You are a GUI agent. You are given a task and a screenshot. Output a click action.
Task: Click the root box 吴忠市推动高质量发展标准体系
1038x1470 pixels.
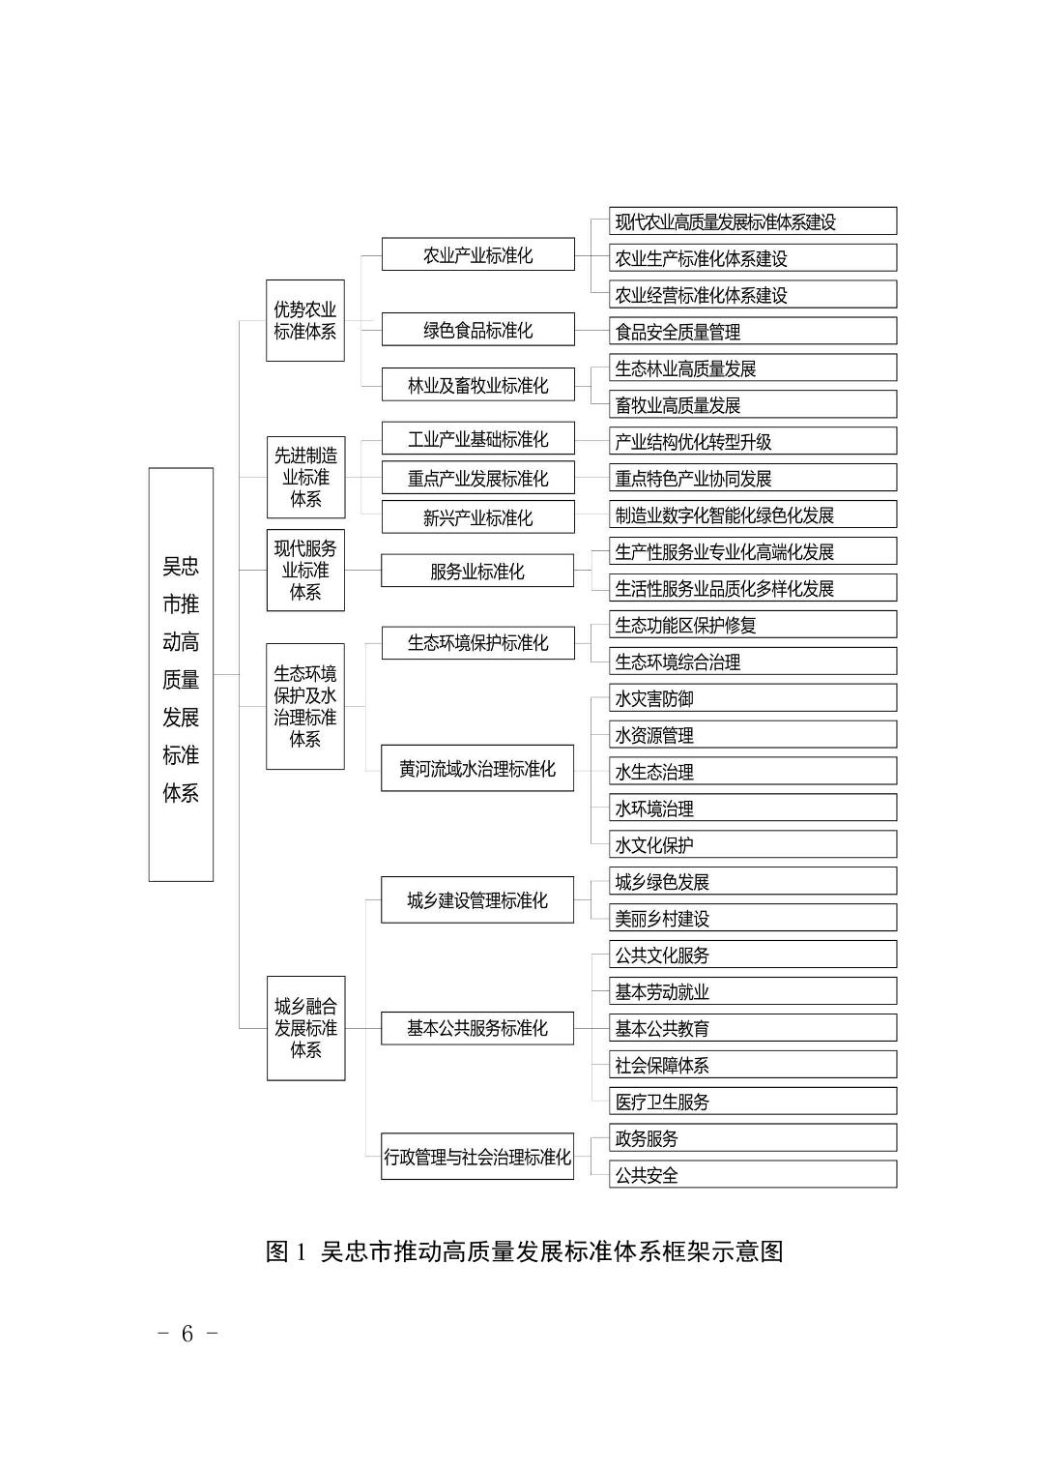click(x=181, y=675)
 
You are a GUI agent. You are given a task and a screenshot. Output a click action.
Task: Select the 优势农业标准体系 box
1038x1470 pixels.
click(x=305, y=320)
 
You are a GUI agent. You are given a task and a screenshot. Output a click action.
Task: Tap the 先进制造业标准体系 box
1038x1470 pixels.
click(x=305, y=477)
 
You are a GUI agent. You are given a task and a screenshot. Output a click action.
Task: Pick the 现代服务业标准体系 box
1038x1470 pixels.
click(x=305, y=570)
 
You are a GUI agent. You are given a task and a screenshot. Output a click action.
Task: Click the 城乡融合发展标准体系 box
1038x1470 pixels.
click(x=305, y=1027)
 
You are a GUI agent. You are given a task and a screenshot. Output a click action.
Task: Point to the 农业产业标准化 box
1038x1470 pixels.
click(x=477, y=255)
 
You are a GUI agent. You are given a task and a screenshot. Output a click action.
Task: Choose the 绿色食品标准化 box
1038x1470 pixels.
click(x=477, y=330)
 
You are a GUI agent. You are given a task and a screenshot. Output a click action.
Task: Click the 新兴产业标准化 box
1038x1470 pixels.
click(x=477, y=517)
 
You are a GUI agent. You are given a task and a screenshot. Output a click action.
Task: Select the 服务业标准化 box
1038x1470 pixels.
click(x=477, y=571)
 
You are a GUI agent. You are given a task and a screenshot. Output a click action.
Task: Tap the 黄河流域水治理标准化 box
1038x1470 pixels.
click(x=477, y=769)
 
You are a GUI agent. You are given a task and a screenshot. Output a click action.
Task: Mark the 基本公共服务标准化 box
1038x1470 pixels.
click(x=477, y=1027)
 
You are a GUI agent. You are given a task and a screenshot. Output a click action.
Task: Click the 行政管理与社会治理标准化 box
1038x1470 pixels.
click(x=477, y=1157)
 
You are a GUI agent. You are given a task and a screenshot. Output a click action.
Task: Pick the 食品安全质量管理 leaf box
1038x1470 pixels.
click(x=753, y=332)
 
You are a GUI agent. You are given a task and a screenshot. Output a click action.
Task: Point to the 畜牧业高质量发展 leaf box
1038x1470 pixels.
click(x=753, y=404)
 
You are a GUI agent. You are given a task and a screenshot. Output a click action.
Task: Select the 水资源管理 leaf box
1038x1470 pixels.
click(x=753, y=735)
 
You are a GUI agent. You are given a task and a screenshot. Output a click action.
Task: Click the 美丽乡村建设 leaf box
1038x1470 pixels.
click(x=753, y=918)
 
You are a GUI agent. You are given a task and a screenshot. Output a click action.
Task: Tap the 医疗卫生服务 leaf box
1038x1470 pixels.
click(x=753, y=1101)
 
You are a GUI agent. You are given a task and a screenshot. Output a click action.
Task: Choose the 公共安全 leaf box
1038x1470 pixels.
click(x=753, y=1175)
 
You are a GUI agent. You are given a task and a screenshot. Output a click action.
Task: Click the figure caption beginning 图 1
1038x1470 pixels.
click(x=524, y=1251)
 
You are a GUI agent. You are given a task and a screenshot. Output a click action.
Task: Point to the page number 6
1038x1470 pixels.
click(x=187, y=1334)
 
